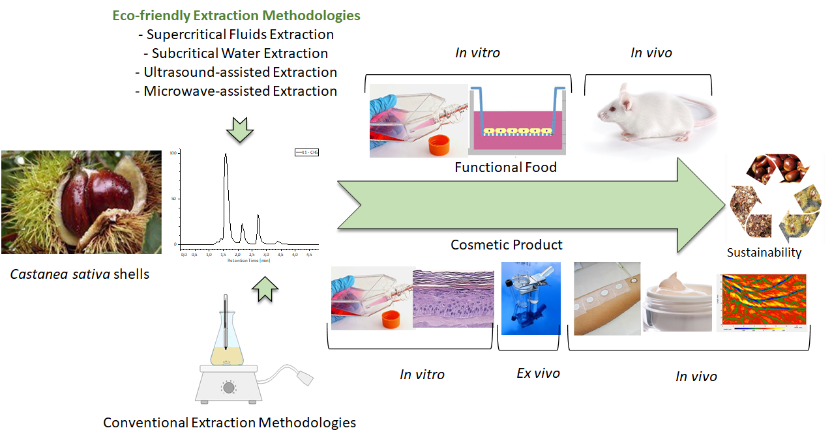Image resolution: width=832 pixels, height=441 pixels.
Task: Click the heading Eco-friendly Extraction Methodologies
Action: [x=236, y=15]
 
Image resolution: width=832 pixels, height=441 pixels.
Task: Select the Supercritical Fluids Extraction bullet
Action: [x=236, y=35]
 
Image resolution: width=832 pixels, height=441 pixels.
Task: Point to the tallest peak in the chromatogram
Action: [x=226, y=156]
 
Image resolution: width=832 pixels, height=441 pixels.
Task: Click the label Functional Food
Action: [x=506, y=167]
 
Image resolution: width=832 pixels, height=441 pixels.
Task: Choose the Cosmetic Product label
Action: [x=506, y=245]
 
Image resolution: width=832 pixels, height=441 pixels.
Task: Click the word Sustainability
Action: [x=764, y=253]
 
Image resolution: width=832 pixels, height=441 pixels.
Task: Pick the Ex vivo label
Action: [x=538, y=373]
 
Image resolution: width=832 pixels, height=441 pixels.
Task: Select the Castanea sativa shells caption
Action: [x=80, y=274]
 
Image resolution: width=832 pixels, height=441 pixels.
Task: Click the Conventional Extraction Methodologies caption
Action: [x=230, y=423]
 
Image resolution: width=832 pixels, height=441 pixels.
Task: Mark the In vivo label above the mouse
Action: [x=651, y=53]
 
